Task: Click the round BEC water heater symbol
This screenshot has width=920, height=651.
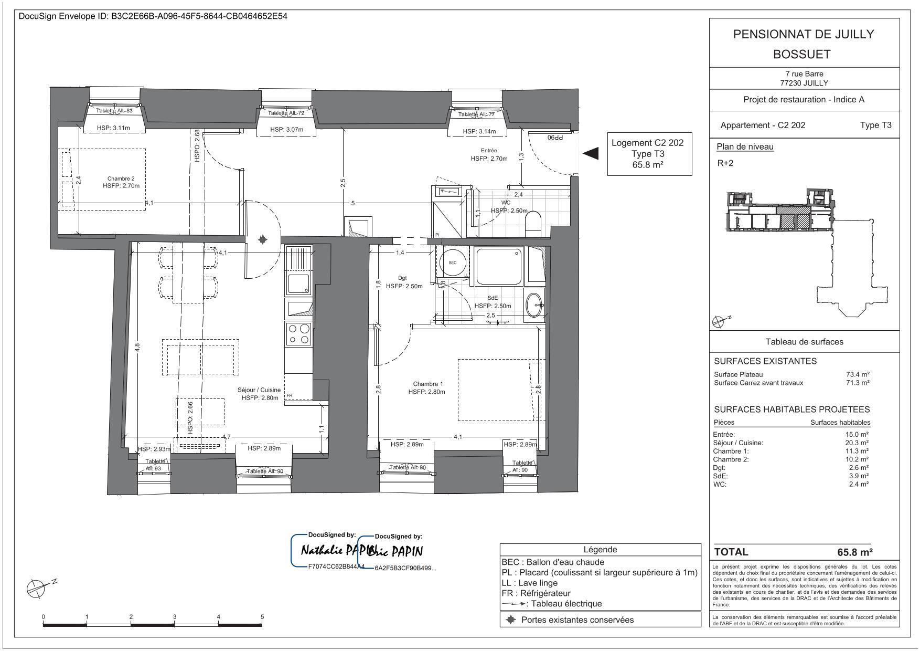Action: (452, 262)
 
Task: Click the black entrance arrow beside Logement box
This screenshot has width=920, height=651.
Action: (591, 153)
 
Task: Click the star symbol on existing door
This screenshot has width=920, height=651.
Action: (263, 240)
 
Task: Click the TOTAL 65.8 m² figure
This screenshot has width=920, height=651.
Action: (855, 552)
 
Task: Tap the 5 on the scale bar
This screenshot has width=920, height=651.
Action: (262, 617)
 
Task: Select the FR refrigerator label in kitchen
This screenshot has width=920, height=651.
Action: (289, 396)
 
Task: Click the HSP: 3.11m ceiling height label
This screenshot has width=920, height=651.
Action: (113, 128)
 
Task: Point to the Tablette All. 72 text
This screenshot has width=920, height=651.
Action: (286, 113)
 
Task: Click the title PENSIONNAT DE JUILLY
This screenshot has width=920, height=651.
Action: (804, 34)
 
